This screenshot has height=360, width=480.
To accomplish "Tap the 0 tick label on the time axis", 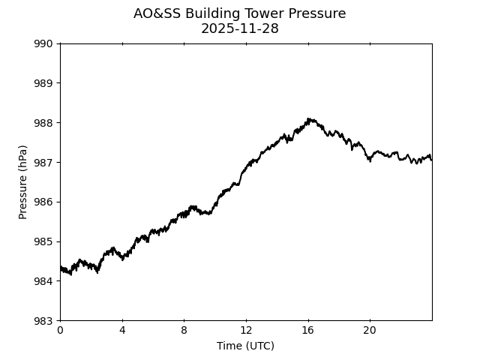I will click(60, 331).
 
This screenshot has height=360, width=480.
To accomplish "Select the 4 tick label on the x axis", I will click(122, 331).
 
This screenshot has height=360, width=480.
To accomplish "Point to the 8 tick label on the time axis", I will click(184, 331).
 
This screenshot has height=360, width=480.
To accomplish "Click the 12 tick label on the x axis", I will click(246, 331).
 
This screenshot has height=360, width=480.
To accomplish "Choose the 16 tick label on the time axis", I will click(307, 331).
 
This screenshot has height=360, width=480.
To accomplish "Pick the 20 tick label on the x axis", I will click(370, 331).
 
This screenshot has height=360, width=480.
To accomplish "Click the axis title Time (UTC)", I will click(245, 346).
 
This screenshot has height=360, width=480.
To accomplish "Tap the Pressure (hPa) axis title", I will click(23, 182).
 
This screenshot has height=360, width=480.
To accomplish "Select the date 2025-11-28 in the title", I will click(240, 28).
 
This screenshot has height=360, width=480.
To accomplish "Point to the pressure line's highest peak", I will click(308, 118).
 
